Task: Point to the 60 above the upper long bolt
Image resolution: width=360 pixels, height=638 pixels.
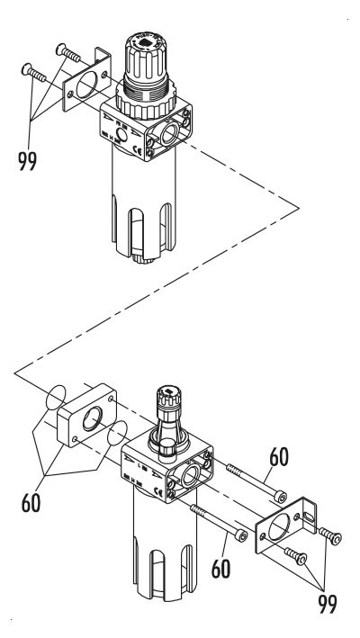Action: pos(278,457)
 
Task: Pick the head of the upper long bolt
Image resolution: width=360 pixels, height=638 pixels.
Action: pos(282,497)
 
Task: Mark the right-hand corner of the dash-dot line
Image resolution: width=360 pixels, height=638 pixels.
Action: pos(299,205)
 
